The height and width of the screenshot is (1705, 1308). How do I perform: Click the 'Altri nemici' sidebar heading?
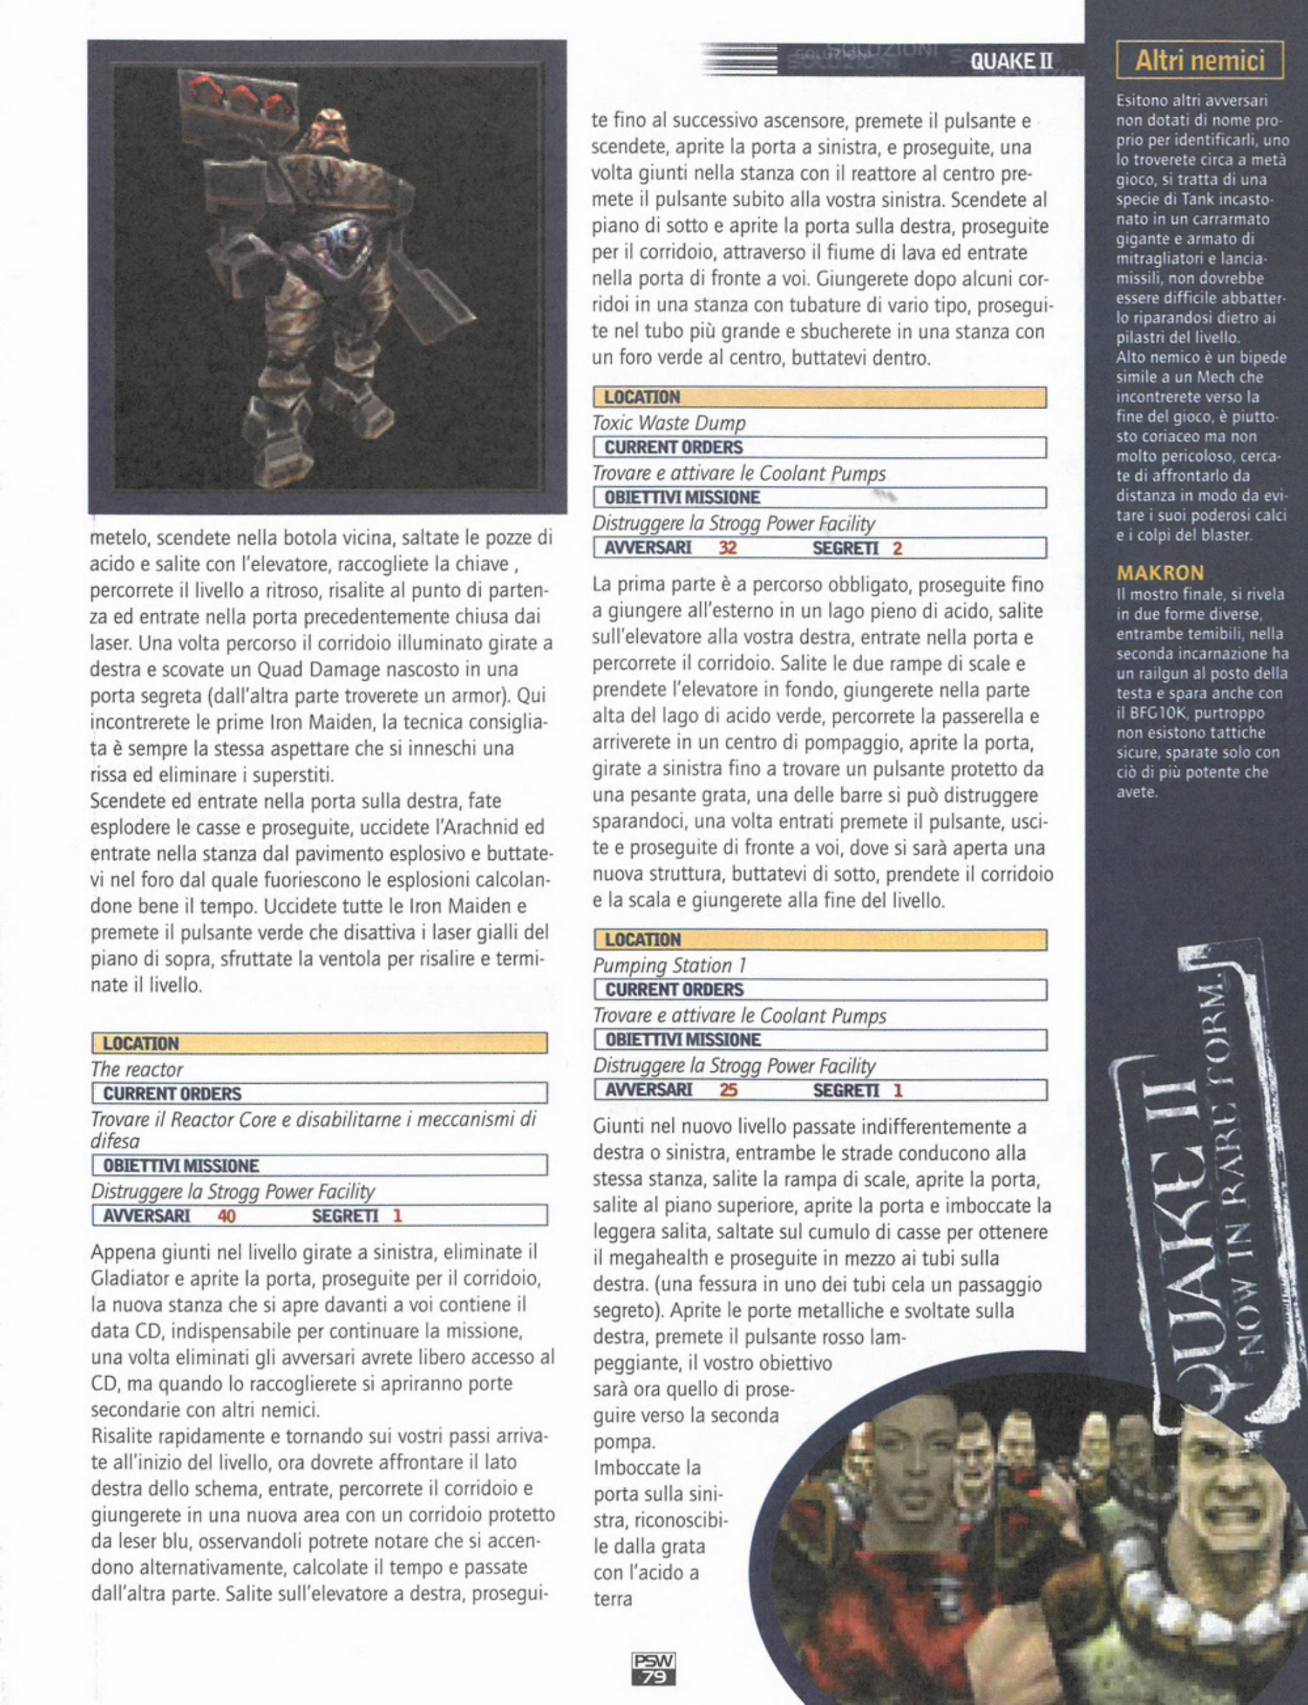(x=1199, y=61)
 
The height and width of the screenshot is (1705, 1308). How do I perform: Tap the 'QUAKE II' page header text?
(x=1011, y=62)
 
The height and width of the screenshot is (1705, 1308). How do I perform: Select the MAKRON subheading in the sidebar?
(x=1160, y=573)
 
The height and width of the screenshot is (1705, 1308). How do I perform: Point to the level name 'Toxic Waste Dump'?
(x=669, y=423)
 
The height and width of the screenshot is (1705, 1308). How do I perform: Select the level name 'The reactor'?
(x=137, y=1069)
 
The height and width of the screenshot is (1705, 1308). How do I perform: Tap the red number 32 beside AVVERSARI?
(x=727, y=548)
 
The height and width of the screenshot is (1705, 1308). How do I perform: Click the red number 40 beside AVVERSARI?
(x=227, y=1215)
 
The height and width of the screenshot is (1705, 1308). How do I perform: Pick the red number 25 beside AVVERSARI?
(x=728, y=1090)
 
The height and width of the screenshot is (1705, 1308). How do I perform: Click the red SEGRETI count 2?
(x=897, y=548)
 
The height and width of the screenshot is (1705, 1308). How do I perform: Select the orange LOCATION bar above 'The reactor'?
(x=319, y=1043)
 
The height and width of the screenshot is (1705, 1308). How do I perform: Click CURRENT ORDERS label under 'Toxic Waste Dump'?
(x=673, y=447)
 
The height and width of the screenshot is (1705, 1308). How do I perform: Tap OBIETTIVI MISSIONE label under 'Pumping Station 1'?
(x=683, y=1039)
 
